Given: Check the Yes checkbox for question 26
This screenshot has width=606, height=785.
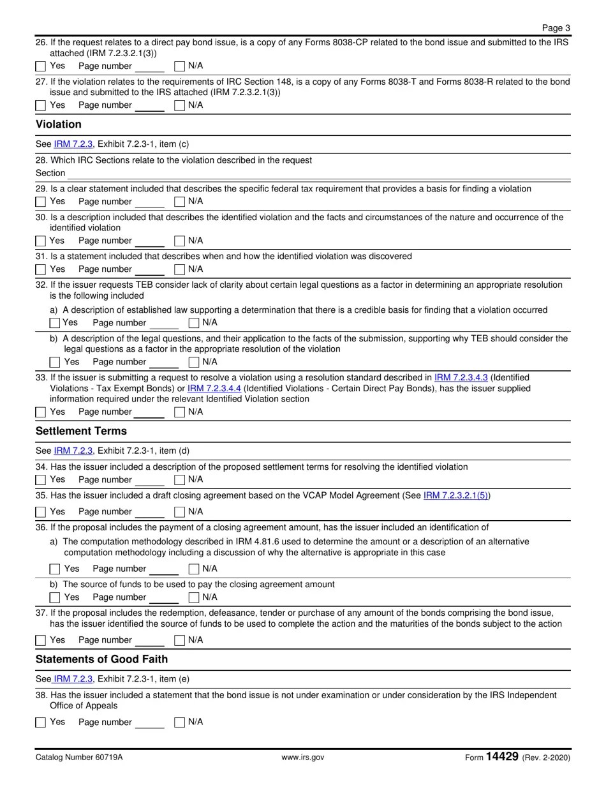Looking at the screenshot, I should click(41, 66).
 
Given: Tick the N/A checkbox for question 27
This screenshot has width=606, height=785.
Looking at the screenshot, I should click(180, 105).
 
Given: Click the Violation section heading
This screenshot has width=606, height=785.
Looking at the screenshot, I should click(59, 124).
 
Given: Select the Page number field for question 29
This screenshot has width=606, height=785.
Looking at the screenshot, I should click(150, 202).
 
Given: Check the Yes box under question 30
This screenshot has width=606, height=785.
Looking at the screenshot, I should click(41, 241).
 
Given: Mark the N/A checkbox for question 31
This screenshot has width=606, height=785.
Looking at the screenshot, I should click(180, 269).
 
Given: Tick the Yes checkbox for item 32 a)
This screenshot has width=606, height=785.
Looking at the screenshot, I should click(55, 323).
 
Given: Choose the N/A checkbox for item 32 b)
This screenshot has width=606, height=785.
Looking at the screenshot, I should click(194, 363).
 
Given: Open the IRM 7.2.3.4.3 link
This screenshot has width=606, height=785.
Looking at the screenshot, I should click(461, 378).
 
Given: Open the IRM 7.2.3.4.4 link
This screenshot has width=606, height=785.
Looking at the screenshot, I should click(214, 389).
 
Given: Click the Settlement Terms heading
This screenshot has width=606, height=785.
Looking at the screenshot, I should click(81, 431).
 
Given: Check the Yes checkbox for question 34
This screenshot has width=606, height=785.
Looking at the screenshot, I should click(41, 480).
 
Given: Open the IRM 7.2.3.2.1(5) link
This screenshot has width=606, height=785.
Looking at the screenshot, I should click(456, 496).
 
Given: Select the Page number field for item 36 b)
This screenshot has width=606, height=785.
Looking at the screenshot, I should click(164, 598).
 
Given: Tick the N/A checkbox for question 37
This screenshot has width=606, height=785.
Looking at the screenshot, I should click(180, 640).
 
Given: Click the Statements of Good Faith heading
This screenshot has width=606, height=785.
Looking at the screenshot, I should click(101, 659).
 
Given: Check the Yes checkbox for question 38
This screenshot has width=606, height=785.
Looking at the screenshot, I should click(41, 722).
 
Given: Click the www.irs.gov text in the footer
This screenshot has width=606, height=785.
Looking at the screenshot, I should click(302, 758).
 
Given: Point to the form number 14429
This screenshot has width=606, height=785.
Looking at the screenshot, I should click(501, 757).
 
